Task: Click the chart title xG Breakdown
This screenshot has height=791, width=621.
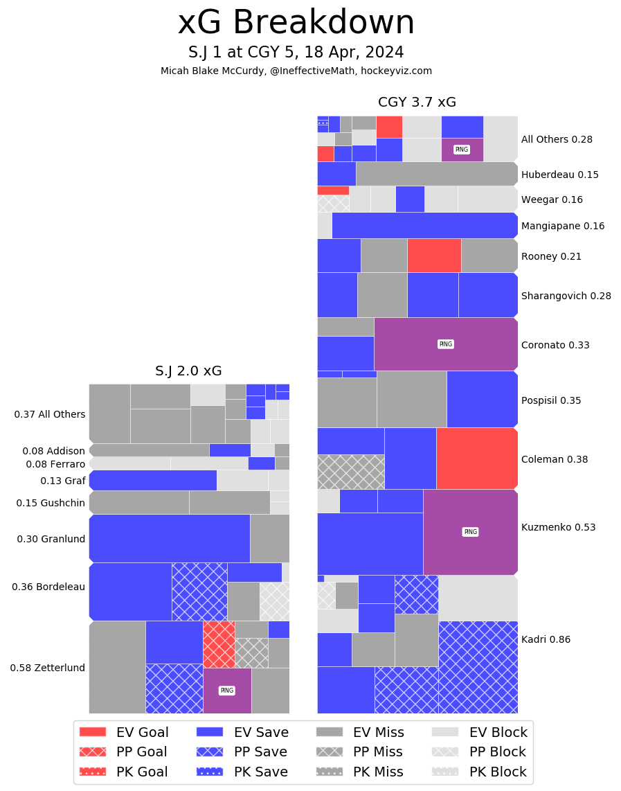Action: [x=296, y=24]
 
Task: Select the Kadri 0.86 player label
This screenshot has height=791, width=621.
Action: [x=546, y=639]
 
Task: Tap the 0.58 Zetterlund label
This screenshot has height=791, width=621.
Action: [x=48, y=668]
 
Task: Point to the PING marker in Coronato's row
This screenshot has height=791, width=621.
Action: [x=446, y=344]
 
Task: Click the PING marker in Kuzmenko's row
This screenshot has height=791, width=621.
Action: [x=471, y=532]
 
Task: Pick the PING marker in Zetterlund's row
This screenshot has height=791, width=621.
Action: [x=226, y=691]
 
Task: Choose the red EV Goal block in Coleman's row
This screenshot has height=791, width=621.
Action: [x=477, y=459]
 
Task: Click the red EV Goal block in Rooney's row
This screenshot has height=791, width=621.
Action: [x=434, y=256]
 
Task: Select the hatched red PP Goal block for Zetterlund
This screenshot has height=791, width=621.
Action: [x=219, y=644]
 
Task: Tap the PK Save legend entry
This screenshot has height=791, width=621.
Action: [x=242, y=772]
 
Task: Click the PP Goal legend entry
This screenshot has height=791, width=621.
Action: [x=123, y=752]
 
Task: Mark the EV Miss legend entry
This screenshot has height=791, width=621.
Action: [x=360, y=732]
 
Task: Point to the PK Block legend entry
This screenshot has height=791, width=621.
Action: [x=479, y=772]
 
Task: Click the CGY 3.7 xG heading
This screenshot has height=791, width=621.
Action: [x=417, y=103]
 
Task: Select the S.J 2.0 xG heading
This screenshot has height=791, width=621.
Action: [x=188, y=371]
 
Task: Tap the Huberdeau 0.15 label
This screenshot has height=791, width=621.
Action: [x=559, y=175]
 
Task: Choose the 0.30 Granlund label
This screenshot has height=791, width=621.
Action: [x=51, y=539]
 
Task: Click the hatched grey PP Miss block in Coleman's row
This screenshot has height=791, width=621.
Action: [x=350, y=472]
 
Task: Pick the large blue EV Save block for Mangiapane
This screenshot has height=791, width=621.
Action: [x=424, y=226]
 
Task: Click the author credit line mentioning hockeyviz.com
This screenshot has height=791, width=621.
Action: [x=296, y=71]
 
